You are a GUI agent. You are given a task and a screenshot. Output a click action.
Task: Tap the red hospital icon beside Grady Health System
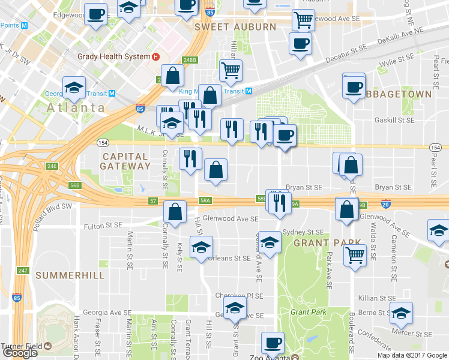pos(155,57)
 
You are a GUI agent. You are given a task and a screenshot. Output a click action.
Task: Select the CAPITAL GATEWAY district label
pos(125,161)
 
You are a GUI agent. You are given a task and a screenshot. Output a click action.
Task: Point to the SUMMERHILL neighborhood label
pos(70,275)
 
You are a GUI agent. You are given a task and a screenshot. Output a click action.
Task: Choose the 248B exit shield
pos(190,60)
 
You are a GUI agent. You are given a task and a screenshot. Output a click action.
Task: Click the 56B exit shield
pos(74,186)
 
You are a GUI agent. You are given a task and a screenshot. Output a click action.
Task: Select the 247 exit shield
pos(23,271)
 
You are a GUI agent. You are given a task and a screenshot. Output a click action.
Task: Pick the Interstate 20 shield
pos(387,204)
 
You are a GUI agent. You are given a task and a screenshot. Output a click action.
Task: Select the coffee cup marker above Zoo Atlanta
pos(273,343)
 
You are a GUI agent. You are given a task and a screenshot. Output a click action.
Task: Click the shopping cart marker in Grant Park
pos(355,254)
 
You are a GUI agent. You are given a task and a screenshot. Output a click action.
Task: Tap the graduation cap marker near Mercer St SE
pos(401,313)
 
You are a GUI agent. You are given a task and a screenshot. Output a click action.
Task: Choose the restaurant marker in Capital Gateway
pos(190,158)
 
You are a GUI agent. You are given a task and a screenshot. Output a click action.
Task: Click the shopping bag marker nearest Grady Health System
pos(173,76)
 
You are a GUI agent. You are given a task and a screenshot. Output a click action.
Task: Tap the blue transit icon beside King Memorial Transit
pos(249,91)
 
